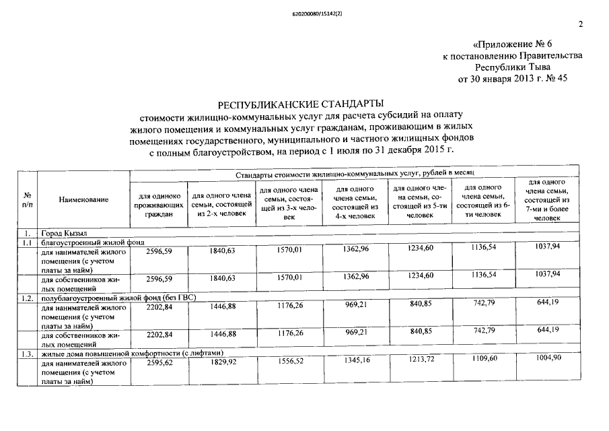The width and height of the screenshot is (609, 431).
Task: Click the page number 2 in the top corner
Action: click(580, 25)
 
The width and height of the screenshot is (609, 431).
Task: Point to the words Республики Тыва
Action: click(513, 67)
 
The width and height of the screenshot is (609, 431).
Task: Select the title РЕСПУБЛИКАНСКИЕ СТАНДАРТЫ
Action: click(300, 104)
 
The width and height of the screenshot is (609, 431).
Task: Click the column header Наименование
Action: click(83, 200)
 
